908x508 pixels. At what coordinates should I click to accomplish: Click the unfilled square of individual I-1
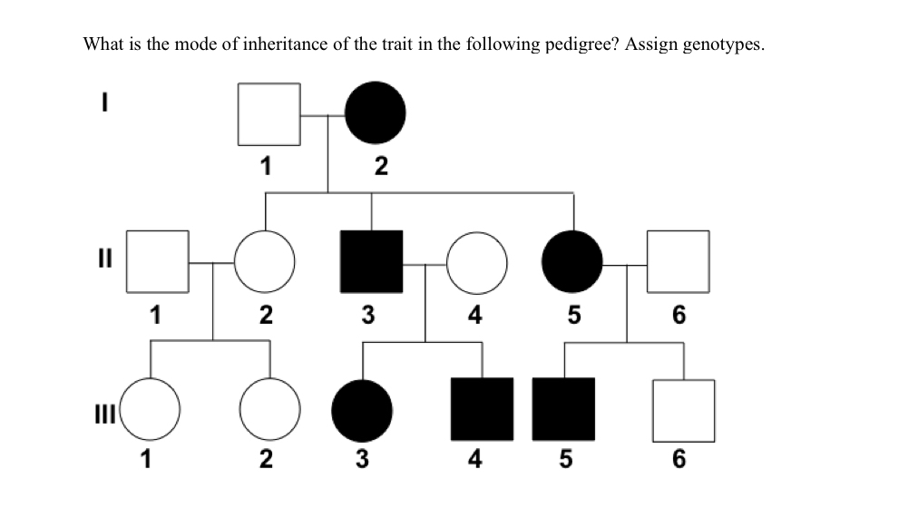pos(268,114)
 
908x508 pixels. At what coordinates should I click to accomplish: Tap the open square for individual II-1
pos(157,262)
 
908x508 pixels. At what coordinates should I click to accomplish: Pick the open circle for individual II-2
pos(265,262)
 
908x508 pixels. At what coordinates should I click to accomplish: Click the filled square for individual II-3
pos(372,262)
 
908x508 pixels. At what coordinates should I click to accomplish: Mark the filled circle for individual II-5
pos(572,262)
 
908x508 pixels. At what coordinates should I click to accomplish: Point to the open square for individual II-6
pos(679,262)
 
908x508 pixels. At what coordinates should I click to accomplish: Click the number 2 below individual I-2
pos(380,167)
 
